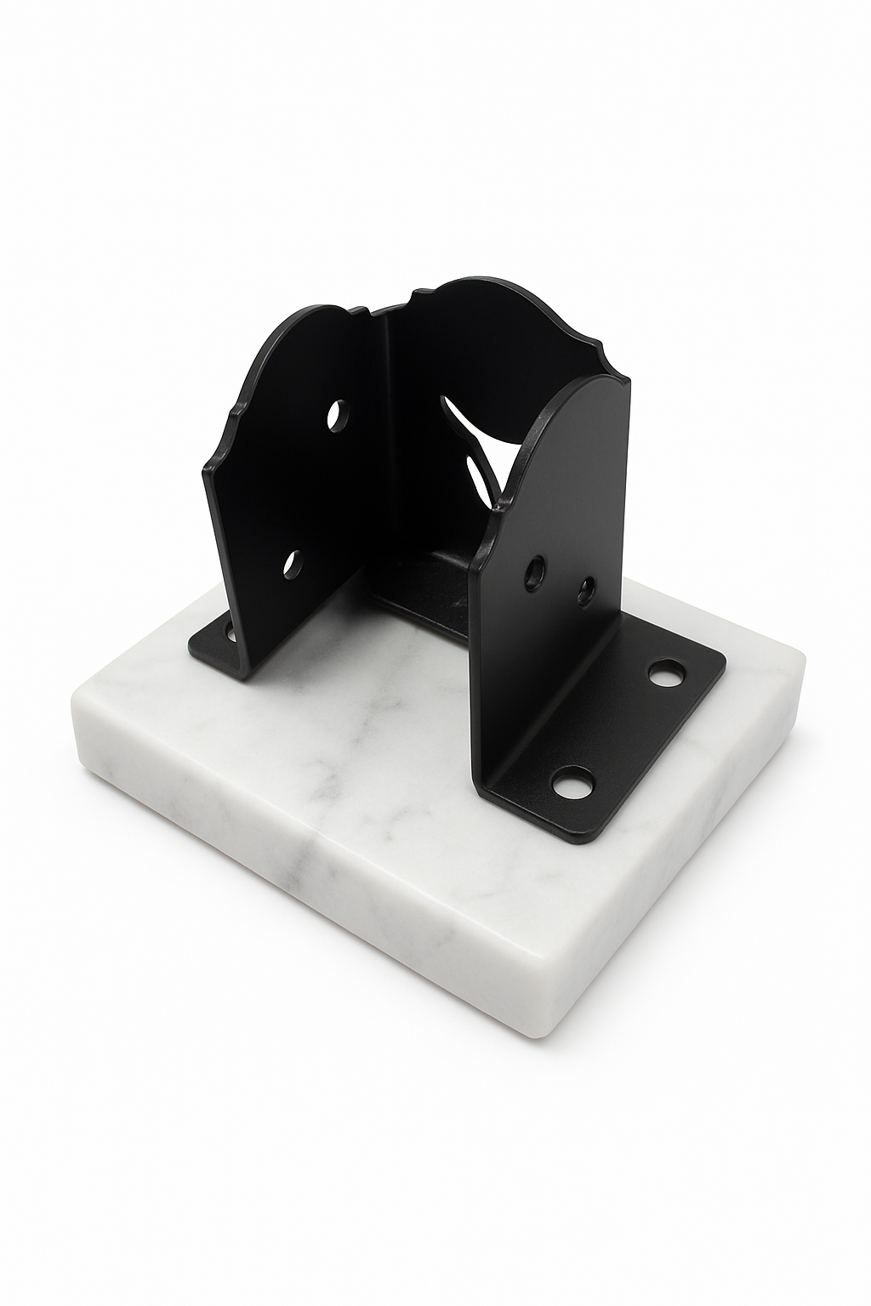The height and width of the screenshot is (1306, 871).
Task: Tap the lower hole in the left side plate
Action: pos(293,565)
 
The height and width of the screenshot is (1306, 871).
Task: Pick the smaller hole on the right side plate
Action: pos(586,590)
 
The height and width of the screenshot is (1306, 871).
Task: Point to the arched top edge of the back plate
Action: pos(476,285)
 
